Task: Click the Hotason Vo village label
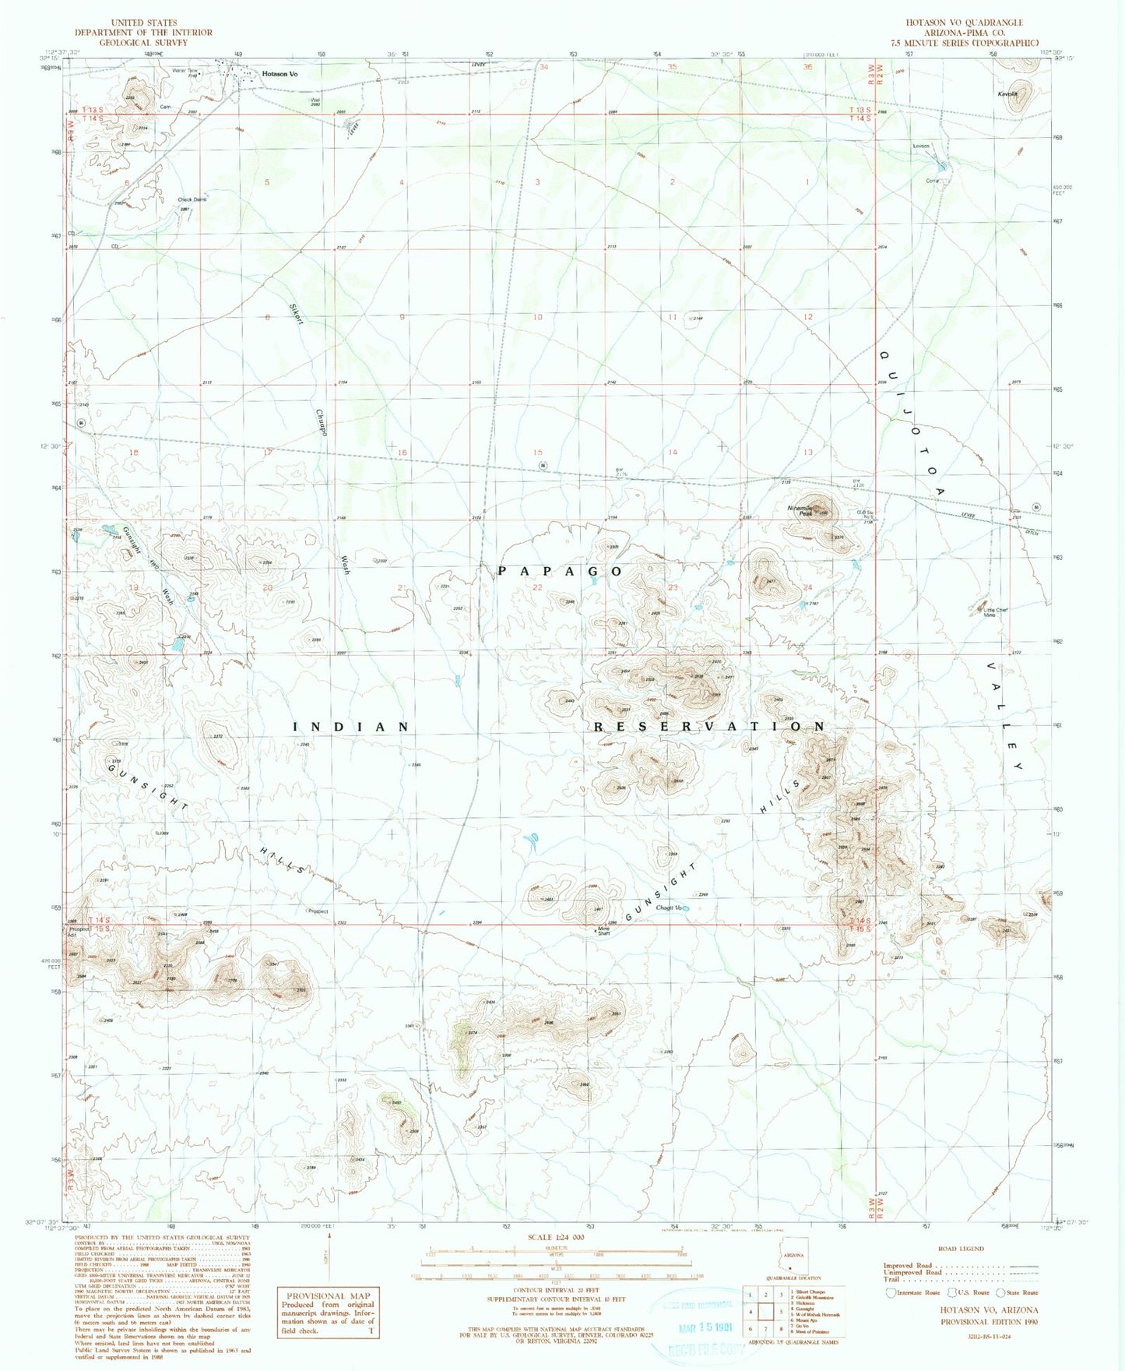[x=280, y=74]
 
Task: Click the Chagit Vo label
[x=668, y=908]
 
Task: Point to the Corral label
[x=933, y=181]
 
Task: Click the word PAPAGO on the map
[x=561, y=571]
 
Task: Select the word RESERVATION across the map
[x=709, y=726]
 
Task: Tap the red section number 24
[x=808, y=587]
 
